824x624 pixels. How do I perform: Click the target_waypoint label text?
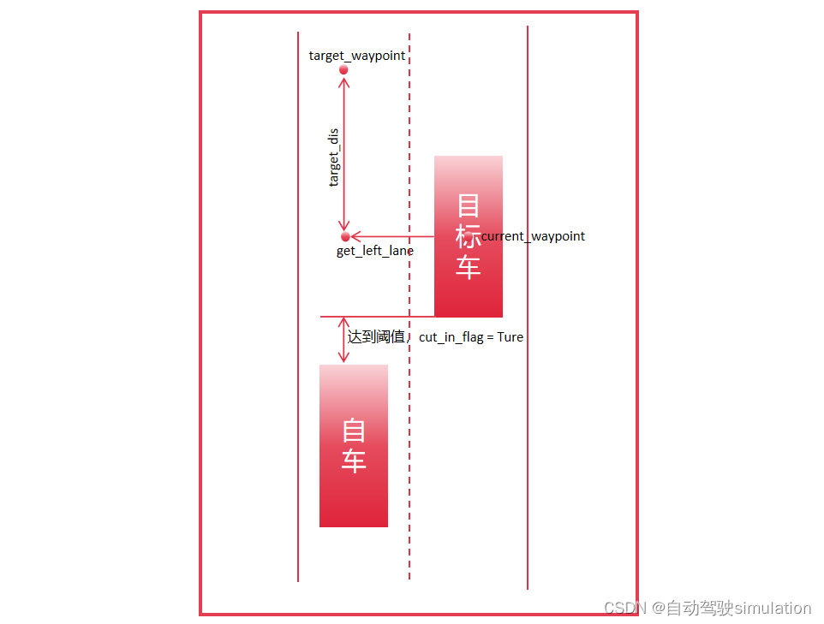click(x=357, y=56)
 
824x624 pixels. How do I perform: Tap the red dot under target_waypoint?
click(x=343, y=69)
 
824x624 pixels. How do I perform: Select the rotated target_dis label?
click(x=334, y=157)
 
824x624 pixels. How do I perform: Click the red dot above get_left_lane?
click(x=345, y=236)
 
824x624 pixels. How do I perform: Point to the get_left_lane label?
click(x=375, y=251)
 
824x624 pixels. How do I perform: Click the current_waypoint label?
click(x=534, y=236)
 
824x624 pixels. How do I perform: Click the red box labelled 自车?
click(x=353, y=496)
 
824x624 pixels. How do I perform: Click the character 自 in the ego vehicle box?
click(x=354, y=430)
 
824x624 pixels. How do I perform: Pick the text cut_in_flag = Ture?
click(x=471, y=337)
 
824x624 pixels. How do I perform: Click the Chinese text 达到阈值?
click(x=376, y=337)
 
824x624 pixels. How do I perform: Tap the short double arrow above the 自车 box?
click(x=343, y=340)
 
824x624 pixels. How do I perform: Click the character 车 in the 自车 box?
click(x=354, y=461)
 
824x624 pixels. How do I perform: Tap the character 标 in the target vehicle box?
click(x=468, y=235)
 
